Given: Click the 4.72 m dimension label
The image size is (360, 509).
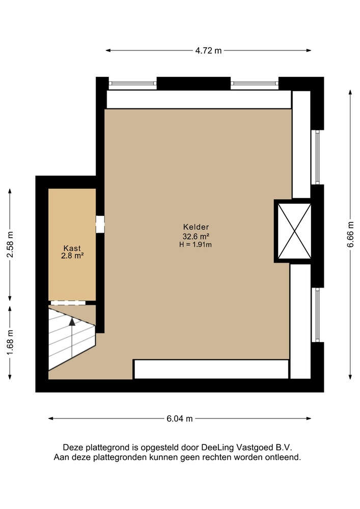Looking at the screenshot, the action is (208, 50).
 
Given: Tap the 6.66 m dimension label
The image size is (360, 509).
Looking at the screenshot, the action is (350, 234).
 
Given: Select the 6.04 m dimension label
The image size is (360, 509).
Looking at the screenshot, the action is (180, 419).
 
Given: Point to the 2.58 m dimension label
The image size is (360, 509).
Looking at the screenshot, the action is (10, 244).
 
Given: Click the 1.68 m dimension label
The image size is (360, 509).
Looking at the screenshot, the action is (10, 343).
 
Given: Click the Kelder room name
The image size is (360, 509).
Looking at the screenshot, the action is (196, 227).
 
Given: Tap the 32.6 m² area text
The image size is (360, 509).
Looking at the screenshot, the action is (196, 236).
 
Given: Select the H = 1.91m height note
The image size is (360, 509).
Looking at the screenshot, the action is (196, 244).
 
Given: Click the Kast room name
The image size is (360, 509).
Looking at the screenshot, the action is (72, 248).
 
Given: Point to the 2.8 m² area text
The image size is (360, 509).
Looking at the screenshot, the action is (72, 256).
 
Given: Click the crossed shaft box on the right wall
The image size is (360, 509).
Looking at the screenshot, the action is (294, 231).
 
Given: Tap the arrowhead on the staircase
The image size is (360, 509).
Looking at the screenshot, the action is (72, 322).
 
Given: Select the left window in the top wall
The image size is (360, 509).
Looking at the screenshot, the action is (132, 83).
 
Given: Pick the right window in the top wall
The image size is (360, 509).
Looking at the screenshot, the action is (255, 83).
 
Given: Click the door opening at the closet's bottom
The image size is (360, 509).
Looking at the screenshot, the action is (68, 303).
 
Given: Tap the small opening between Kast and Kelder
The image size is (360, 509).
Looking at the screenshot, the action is (100, 224).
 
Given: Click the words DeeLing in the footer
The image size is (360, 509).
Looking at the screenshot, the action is (217, 447).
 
